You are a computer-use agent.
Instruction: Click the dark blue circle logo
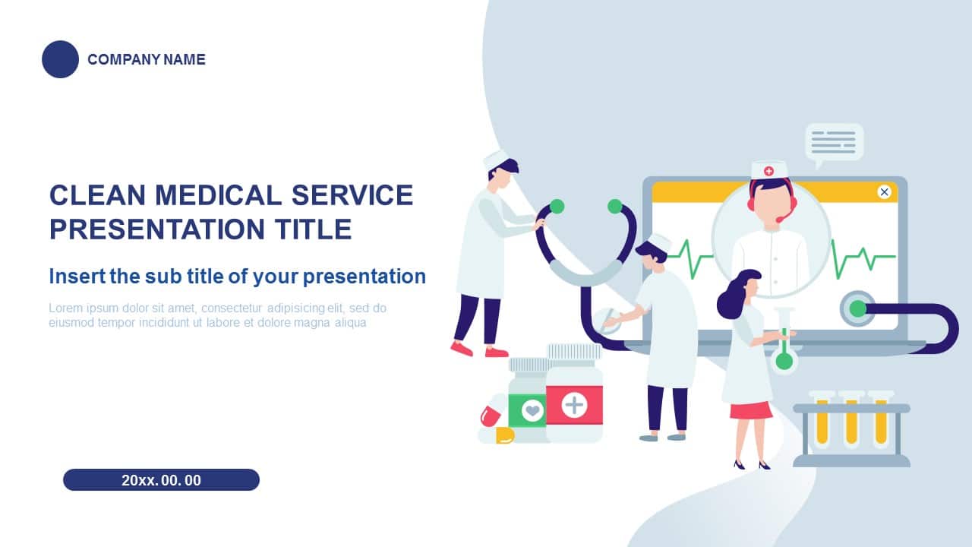click(x=60, y=59)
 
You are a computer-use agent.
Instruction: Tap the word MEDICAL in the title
click(x=218, y=195)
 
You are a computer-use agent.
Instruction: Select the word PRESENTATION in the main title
click(x=157, y=229)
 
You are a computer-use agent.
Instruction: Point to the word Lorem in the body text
click(x=65, y=308)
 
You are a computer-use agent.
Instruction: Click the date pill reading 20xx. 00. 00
click(x=162, y=479)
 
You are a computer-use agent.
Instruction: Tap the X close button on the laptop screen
click(x=885, y=191)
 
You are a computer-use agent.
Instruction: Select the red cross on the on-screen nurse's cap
click(x=768, y=171)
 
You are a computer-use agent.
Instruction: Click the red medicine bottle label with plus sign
click(x=574, y=405)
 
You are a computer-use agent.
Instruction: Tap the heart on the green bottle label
click(x=532, y=409)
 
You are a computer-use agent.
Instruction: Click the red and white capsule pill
click(x=491, y=416)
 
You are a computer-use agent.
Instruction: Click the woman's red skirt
click(x=751, y=410)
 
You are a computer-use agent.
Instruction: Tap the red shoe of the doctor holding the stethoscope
click(x=461, y=349)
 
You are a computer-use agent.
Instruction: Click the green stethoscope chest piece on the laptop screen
click(x=857, y=308)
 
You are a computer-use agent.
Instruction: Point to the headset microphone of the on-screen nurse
click(x=782, y=219)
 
